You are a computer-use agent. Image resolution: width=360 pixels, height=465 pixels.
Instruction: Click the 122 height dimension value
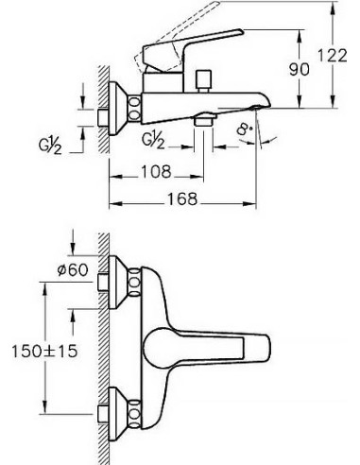(332, 56)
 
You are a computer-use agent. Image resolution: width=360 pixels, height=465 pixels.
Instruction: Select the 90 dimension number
(300, 69)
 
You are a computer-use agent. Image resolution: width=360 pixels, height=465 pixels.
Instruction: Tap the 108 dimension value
(156, 172)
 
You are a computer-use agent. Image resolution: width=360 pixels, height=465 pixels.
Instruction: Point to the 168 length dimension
(182, 199)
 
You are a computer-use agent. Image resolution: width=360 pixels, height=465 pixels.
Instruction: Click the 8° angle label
(245, 129)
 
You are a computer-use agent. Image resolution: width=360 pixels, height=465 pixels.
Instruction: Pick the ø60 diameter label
(73, 269)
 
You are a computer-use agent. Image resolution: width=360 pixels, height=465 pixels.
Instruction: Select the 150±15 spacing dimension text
(44, 351)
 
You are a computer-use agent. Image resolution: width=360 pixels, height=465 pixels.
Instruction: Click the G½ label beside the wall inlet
(50, 146)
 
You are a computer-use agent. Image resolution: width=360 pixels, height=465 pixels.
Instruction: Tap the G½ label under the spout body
(153, 140)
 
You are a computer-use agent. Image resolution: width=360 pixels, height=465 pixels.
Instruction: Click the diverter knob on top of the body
(203, 80)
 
